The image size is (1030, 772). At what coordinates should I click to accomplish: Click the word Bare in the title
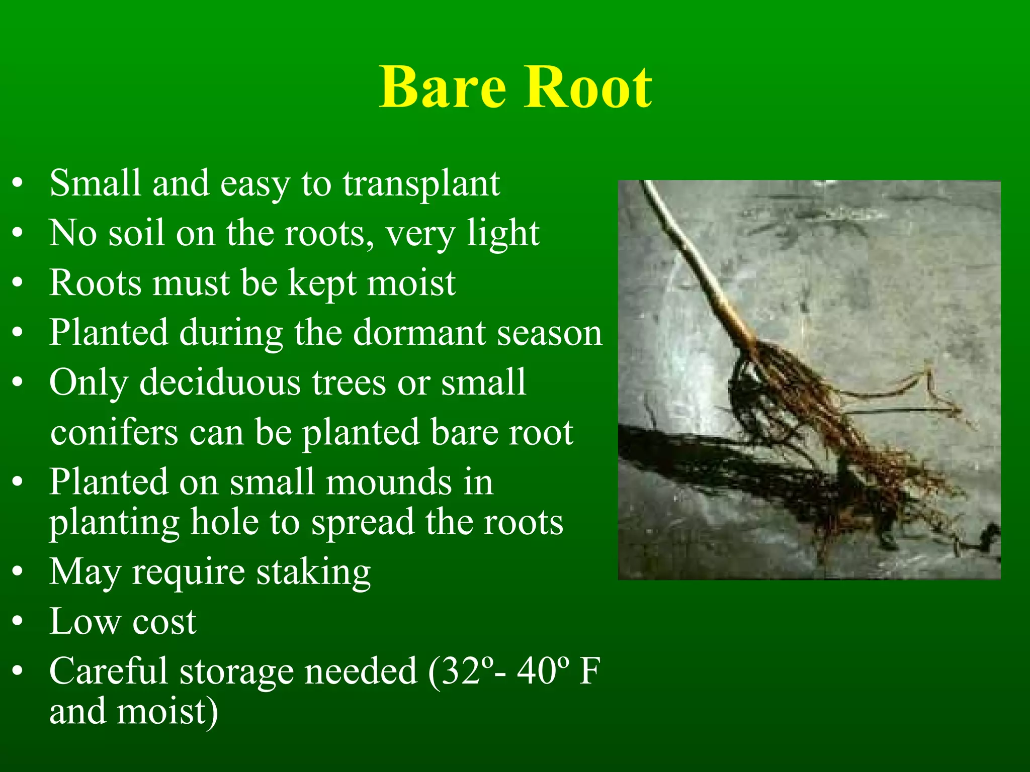coord(443,88)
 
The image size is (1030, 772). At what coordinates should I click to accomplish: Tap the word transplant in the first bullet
coord(421,184)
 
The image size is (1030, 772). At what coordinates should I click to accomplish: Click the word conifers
coord(114,433)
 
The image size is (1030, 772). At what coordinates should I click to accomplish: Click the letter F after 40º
coord(589,671)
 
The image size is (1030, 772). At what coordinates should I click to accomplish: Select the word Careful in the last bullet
coord(108,671)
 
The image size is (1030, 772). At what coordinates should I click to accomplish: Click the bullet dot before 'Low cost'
coord(18,622)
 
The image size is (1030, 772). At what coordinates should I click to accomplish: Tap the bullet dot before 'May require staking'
coord(18,572)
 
